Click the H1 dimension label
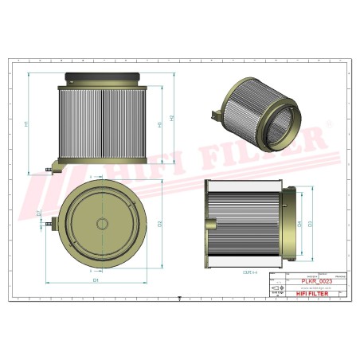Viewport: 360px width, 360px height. (x=27, y=124)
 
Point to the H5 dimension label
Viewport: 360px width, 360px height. (x=159, y=125)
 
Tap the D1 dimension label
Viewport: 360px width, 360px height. (x=96, y=280)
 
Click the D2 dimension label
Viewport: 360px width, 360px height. (x=159, y=223)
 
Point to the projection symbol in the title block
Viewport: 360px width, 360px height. (x=277, y=287)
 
